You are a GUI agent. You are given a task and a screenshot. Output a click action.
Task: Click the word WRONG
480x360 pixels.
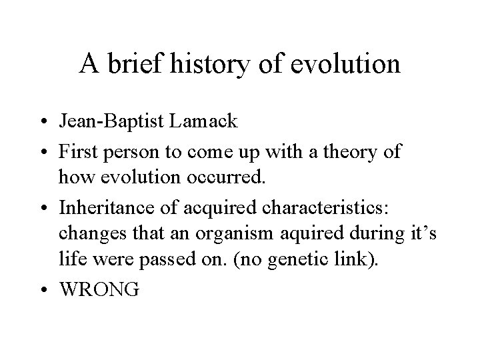point(99,291)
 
